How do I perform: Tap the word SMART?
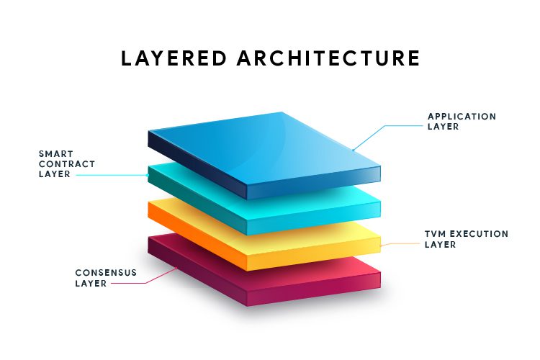click(55, 153)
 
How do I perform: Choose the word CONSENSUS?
click(106, 273)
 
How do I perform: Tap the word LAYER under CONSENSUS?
click(91, 283)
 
